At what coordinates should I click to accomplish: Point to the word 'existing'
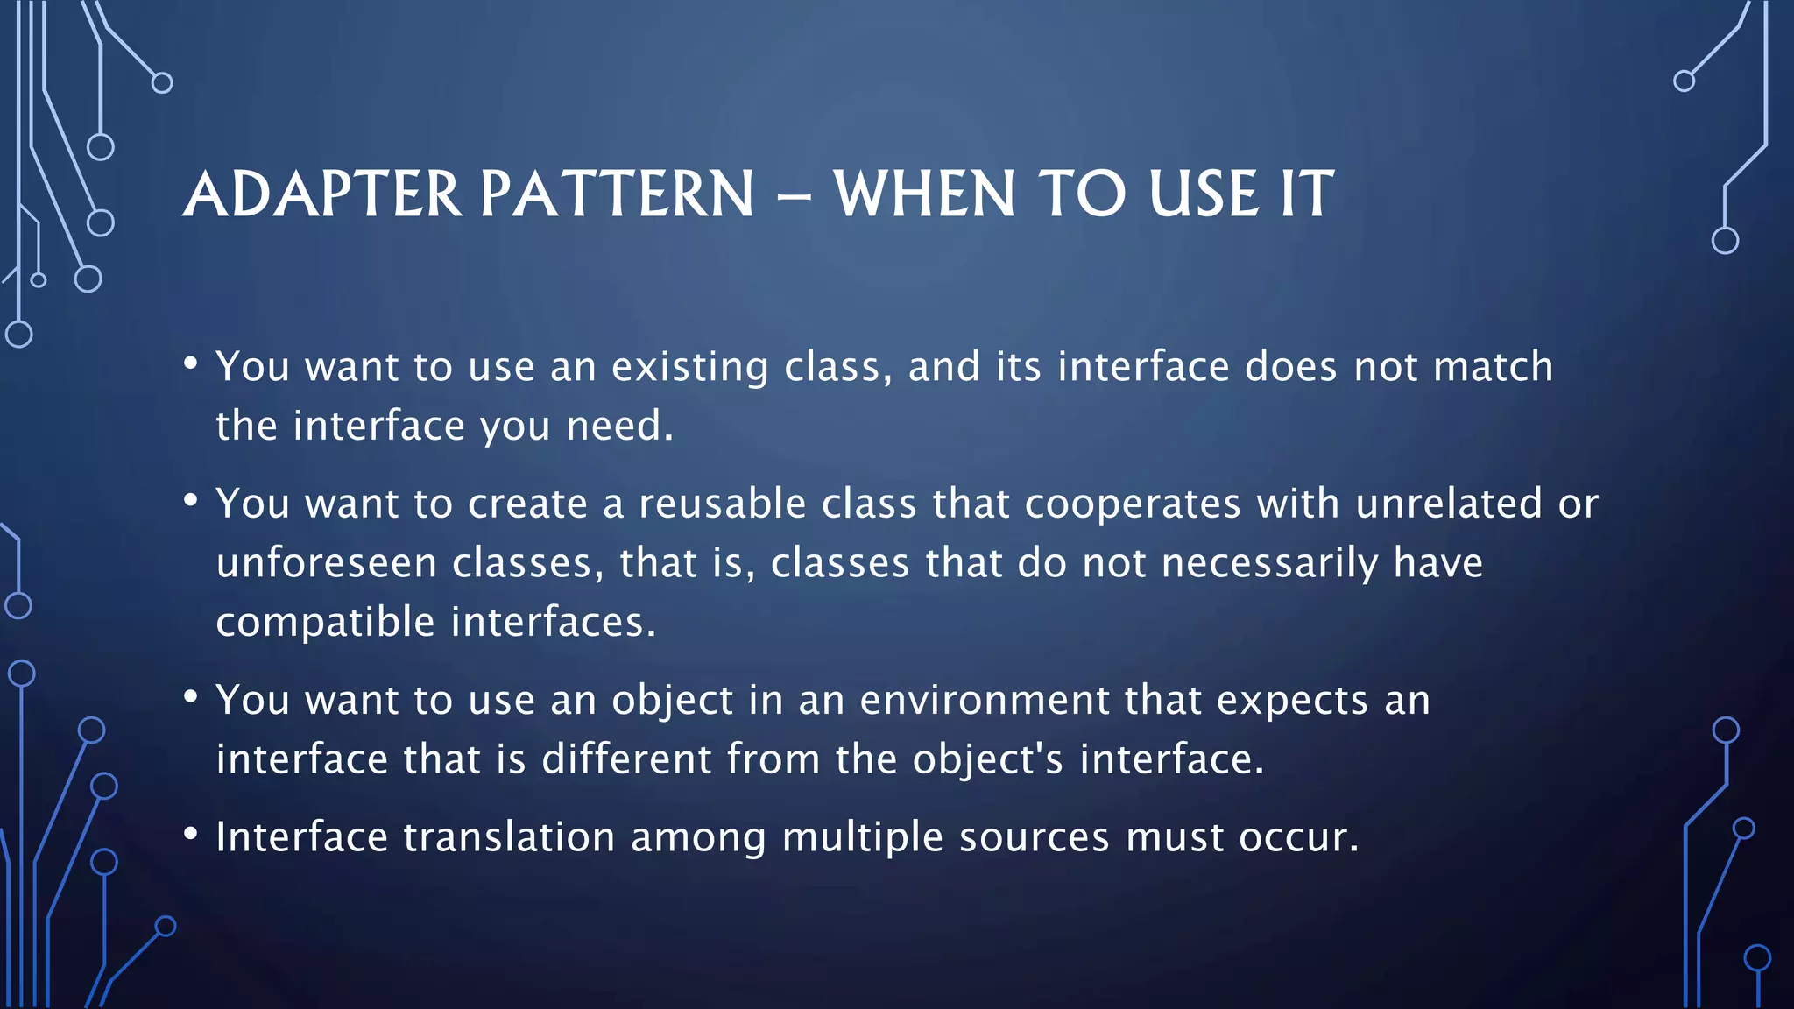point(689,367)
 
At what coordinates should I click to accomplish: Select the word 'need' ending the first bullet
point(615,427)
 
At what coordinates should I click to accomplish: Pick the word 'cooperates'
point(1132,504)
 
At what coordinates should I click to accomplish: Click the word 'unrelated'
point(1448,504)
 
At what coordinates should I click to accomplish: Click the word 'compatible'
point(325,623)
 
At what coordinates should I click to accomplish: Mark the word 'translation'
point(509,837)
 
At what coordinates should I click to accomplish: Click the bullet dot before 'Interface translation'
point(191,834)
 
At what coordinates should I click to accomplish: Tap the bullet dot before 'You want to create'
point(191,501)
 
